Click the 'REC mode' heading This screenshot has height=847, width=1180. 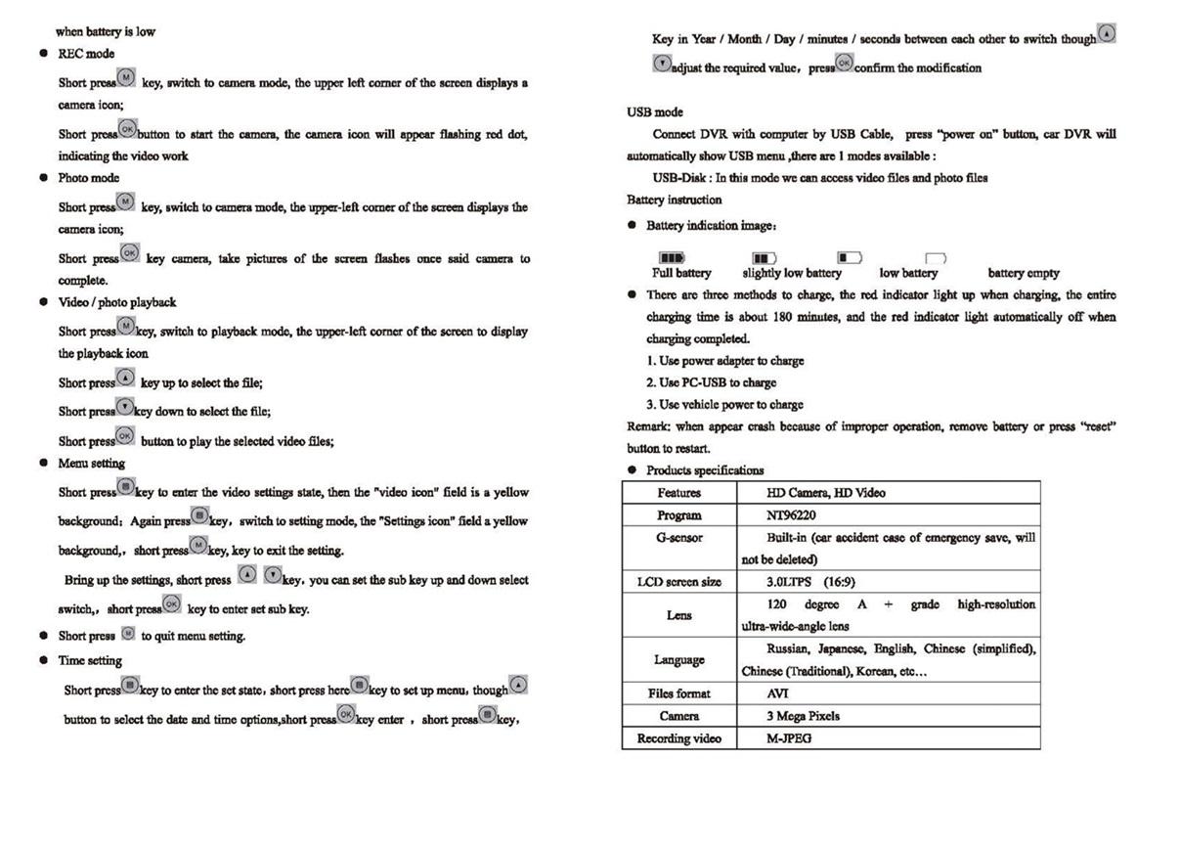[x=86, y=54]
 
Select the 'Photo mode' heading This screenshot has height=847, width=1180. [x=88, y=178]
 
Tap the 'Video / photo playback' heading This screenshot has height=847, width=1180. [x=116, y=302]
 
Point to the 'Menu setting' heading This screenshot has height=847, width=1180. [x=91, y=463]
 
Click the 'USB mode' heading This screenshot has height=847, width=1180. [x=654, y=112]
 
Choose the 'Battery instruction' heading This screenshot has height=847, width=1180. [x=674, y=200]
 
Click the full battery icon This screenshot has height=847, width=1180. [x=672, y=258]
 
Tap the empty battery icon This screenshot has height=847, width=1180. [x=937, y=258]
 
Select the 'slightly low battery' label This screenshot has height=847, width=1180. [x=791, y=273]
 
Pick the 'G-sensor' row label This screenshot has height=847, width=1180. [x=679, y=537]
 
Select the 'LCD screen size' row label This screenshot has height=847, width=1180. [x=678, y=582]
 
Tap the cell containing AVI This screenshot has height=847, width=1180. [x=778, y=693]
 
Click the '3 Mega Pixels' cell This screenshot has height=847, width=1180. [x=803, y=716]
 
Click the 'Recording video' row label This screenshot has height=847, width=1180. [x=678, y=738]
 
